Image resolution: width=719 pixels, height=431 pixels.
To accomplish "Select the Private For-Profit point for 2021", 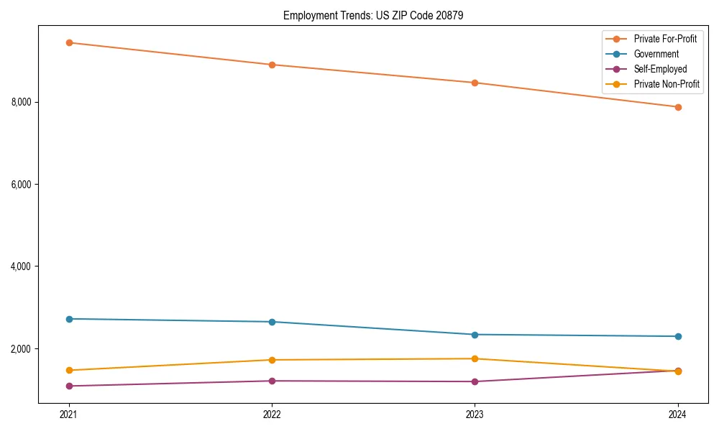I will (69, 42).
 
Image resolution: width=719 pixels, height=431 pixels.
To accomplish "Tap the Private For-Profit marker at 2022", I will (272, 65).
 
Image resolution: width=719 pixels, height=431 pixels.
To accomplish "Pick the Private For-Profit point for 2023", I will (475, 83).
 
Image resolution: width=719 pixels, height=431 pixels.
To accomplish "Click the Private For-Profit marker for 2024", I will (678, 107).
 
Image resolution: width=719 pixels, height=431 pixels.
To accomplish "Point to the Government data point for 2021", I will (69, 319).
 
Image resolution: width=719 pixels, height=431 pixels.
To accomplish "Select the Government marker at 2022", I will (272, 322).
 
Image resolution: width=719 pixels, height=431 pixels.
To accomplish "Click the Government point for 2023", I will (475, 335).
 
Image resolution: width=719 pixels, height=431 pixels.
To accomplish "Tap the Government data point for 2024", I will (678, 336).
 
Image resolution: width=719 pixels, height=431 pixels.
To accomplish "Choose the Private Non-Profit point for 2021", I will (69, 371).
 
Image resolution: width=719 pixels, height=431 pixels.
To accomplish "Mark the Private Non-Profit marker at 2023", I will (475, 358).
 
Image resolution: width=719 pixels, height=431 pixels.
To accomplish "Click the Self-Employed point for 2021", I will (69, 386).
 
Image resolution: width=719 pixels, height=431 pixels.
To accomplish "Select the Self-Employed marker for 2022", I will (272, 381).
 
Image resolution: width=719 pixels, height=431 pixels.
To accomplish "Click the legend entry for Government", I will (656, 54).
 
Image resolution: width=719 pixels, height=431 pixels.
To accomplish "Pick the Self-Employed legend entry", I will (660, 69).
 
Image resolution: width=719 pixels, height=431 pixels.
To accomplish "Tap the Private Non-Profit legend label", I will (667, 84).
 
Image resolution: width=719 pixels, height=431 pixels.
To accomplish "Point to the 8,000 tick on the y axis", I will (22, 102).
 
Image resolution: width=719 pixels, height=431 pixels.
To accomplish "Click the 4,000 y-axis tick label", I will (22, 267).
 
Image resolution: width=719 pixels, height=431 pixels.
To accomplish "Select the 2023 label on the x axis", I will (475, 414).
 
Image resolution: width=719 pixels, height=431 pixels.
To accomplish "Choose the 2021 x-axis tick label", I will (69, 414).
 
